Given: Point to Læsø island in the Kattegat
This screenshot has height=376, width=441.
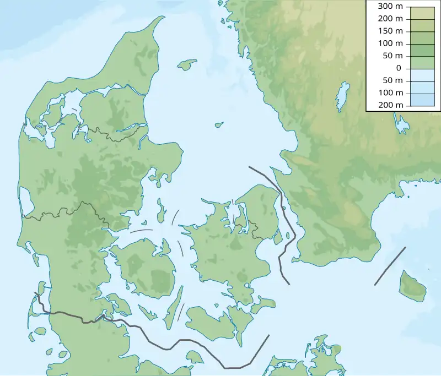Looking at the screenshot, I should (187, 64).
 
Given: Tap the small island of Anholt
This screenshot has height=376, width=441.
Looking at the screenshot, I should (219, 124).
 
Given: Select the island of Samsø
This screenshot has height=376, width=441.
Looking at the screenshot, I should (162, 210).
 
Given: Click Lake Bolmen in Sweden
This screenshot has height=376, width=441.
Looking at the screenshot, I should (342, 96).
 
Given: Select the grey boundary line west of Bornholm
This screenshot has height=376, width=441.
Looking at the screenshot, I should (390, 266).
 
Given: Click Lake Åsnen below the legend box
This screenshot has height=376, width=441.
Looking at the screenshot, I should (401, 124).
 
